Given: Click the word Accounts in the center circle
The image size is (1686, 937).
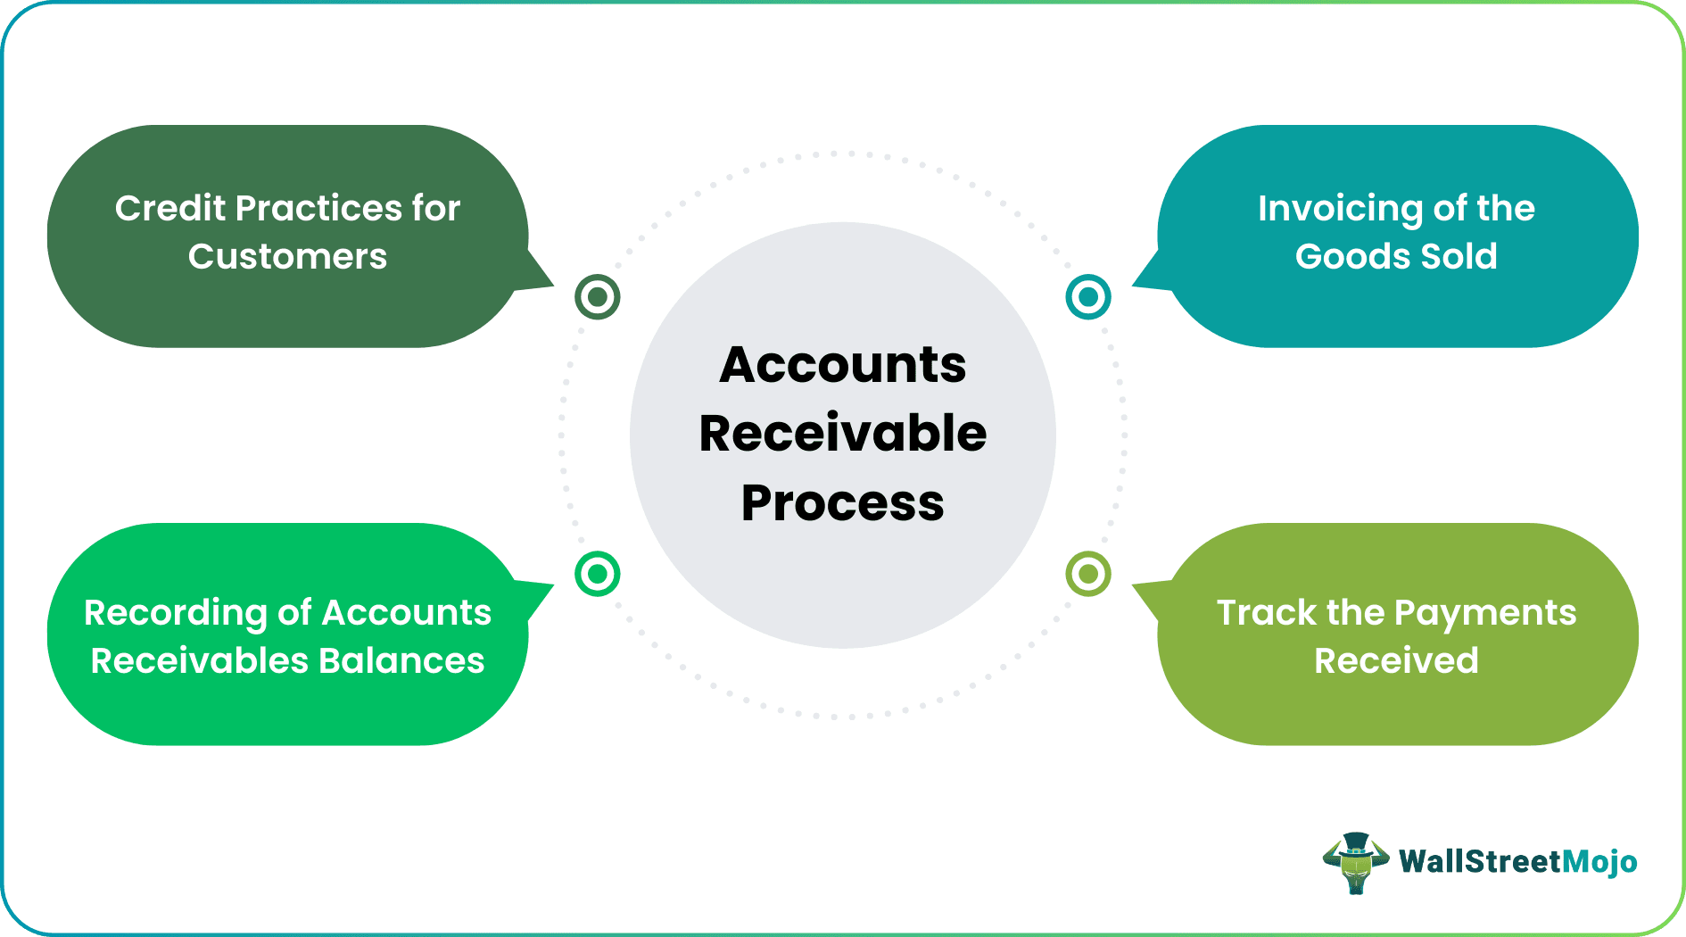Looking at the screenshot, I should [842, 365].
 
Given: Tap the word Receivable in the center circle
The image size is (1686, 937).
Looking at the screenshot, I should [842, 434].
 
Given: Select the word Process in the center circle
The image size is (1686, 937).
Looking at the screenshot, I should [842, 502].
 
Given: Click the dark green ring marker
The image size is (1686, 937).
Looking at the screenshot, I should [597, 296].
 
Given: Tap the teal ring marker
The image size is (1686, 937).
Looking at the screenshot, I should [1087, 296].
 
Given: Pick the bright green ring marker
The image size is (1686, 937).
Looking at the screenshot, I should [597, 574].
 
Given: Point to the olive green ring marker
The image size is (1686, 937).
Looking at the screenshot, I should [1087, 574].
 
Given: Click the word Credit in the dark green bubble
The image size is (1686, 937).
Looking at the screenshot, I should [170, 208].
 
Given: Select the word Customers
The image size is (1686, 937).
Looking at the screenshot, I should [287, 257].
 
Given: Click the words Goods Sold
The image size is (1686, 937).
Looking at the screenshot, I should [1396, 257].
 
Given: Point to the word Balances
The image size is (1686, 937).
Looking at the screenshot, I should [401, 661].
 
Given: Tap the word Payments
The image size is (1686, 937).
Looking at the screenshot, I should [1484, 613].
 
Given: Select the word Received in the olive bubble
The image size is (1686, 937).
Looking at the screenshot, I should [1396, 661].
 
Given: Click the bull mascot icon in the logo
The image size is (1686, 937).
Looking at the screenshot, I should [1355, 863].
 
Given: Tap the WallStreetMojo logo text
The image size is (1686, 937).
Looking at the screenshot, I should [1517, 862].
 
